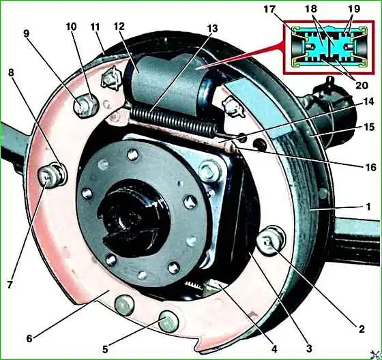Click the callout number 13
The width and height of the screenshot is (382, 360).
pos(212,29)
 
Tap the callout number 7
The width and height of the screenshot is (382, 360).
pos(10,285)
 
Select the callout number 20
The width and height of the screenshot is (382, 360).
pos(362,85)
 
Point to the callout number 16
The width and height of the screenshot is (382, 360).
pos(371,167)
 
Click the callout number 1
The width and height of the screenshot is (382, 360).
pos(368,207)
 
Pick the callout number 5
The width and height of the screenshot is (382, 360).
pos(105,350)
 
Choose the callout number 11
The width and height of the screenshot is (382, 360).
pos(95,27)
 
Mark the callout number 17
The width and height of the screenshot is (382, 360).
pos(269,10)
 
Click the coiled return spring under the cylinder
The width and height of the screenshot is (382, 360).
pos(173,121)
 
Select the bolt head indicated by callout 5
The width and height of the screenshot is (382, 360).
pos(168,322)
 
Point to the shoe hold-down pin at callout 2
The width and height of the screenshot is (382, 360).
pos(270,240)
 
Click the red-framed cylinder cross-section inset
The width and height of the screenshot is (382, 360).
pos(329,47)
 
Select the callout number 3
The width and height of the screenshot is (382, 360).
pos(309,348)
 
